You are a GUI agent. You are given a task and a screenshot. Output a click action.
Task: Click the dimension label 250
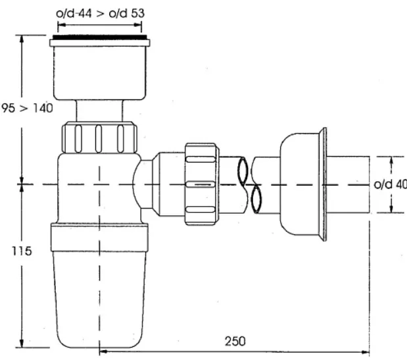(235, 342)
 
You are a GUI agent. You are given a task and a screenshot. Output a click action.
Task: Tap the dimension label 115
(22, 251)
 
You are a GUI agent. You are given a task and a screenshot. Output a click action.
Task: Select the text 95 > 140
(27, 108)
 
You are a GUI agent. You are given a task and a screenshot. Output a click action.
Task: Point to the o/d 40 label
(390, 184)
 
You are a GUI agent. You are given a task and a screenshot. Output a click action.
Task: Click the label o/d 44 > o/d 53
(100, 13)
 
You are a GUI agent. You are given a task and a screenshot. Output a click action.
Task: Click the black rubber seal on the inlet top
(100, 38)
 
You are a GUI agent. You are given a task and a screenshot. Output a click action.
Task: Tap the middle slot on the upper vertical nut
(99, 139)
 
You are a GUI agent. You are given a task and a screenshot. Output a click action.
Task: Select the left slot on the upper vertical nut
(78, 139)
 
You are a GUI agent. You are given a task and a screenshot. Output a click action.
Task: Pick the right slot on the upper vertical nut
(120, 139)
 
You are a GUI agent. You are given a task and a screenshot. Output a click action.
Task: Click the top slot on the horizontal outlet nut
(201, 159)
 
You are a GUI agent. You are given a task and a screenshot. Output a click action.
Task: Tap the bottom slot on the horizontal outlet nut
(201, 209)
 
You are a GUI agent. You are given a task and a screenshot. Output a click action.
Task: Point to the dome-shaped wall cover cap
(300, 184)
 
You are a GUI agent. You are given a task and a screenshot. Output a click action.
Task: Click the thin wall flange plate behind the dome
(323, 184)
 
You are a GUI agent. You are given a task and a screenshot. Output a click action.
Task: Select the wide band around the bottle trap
(99, 238)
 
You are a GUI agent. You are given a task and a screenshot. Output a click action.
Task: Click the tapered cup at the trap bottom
(99, 299)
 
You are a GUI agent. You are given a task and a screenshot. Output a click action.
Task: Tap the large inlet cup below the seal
(100, 73)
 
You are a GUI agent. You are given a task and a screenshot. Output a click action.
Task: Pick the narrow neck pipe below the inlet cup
(99, 111)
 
